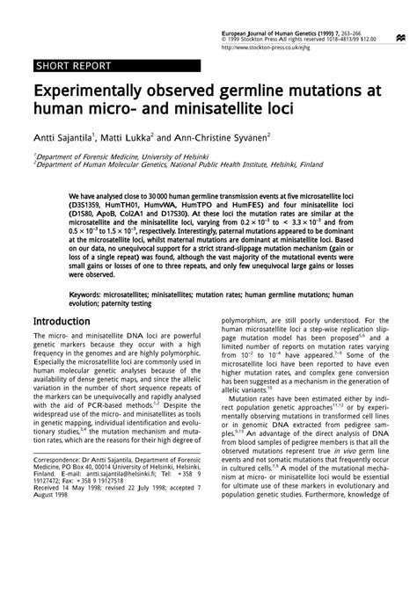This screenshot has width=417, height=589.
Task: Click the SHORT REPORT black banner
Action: pos(75,67)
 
